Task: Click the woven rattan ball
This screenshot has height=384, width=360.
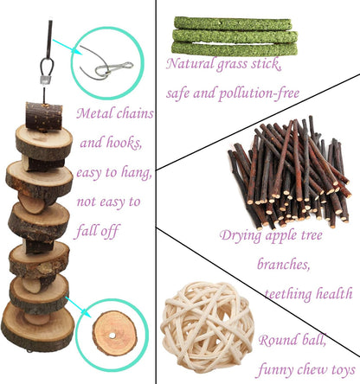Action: pos(208,327)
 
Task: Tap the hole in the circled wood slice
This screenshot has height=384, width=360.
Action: pos(112,336)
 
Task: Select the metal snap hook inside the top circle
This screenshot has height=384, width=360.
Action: pos(114,68)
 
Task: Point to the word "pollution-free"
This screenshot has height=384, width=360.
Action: pos(259,93)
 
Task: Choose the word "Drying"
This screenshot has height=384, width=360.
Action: pos(241,236)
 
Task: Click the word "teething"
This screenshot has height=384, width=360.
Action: pos(288,294)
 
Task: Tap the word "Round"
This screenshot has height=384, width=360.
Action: pos(277,340)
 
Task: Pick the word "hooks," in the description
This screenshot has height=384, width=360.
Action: pos(125,143)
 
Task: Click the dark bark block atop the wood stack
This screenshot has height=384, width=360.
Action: pos(44,116)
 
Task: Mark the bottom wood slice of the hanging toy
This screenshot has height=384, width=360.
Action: pos(38,326)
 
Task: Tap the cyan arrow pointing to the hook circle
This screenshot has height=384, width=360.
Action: pos(67,47)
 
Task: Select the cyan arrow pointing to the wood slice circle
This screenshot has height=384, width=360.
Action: pos(76,306)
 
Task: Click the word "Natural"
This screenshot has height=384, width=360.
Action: pos(190,63)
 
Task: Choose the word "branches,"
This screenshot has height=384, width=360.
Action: pos(284,264)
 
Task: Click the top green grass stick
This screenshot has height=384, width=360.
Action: pos(233,23)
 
